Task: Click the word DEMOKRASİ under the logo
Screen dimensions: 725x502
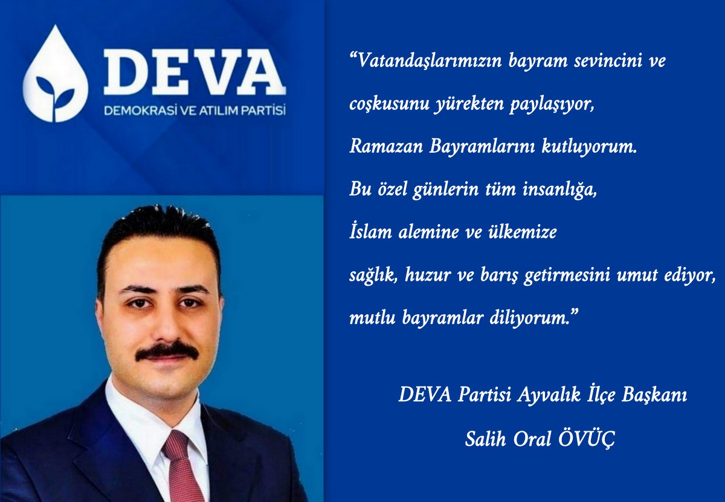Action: click(140, 111)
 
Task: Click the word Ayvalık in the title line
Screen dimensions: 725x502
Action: click(549, 395)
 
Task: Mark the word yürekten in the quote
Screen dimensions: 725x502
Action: click(468, 103)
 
